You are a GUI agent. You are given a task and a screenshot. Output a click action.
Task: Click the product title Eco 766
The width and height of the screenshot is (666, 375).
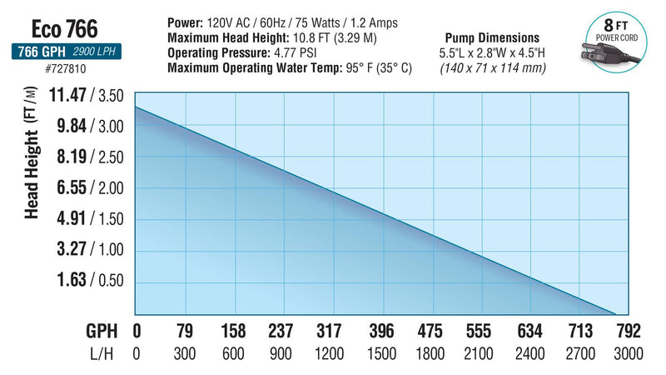65,30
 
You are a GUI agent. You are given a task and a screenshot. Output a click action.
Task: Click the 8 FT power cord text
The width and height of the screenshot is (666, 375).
614,30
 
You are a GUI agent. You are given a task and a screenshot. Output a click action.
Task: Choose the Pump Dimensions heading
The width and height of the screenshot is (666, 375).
493,38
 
